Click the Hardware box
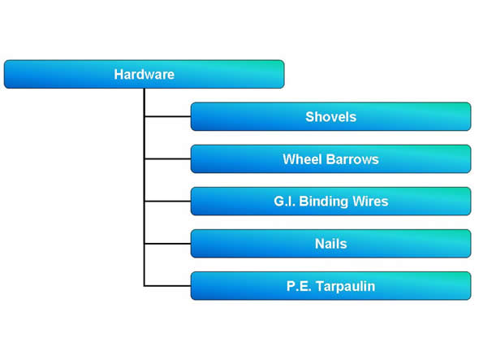(145, 74)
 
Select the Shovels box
(331, 116)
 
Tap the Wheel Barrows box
(331, 158)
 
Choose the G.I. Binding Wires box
(331, 202)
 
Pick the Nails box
(331, 244)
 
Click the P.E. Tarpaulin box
(331, 286)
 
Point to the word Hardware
(145, 74)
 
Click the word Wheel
(302, 159)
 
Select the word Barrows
(352, 159)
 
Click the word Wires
(370, 202)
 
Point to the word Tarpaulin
(346, 287)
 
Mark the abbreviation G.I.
(284, 202)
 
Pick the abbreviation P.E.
(299, 286)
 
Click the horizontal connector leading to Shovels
(168, 116)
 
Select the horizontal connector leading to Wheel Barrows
(168, 158)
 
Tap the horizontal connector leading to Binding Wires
(168, 202)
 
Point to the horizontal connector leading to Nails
(168, 244)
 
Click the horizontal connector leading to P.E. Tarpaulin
(168, 286)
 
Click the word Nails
(331, 244)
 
